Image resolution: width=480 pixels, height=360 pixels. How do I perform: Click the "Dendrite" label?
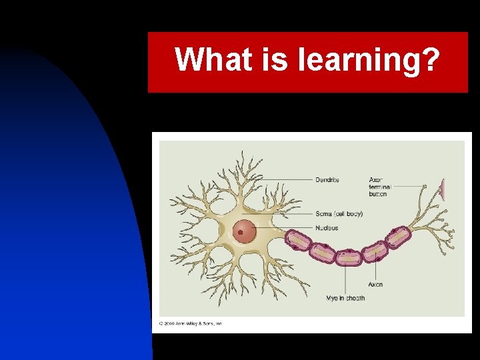327,179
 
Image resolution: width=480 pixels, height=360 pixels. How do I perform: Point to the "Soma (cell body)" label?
339,214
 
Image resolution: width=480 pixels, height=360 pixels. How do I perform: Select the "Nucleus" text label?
327,228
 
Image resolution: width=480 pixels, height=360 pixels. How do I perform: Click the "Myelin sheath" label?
345,298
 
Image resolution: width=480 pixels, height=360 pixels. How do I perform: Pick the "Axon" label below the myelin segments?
375,285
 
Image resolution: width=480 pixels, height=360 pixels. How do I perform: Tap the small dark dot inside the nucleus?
240,233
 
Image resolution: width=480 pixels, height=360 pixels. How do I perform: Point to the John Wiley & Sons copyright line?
190,324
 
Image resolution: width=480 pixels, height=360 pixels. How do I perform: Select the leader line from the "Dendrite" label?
287,179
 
